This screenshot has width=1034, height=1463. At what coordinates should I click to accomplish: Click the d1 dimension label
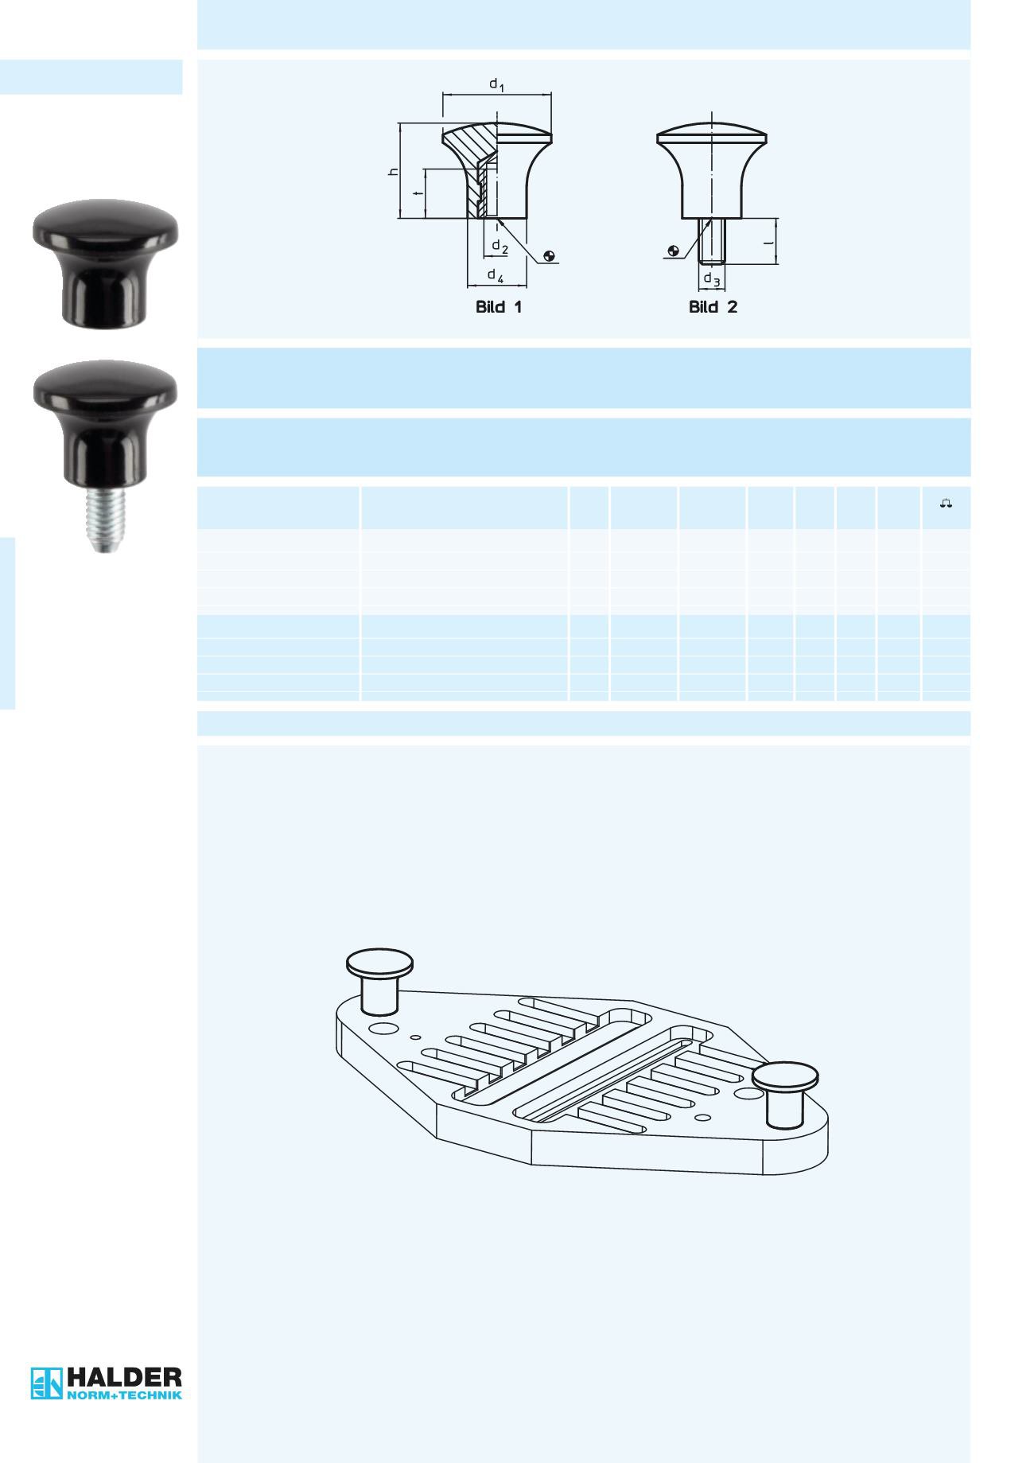pyautogui.click(x=496, y=84)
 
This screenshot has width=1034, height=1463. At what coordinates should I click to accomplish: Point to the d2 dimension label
pyautogui.click(x=500, y=247)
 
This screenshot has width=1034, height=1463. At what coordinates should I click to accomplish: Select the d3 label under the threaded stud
pyautogui.click(x=712, y=281)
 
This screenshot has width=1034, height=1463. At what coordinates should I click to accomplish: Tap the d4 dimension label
pyautogui.click(x=496, y=276)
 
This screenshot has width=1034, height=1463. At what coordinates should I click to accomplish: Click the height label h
pyautogui.click(x=392, y=173)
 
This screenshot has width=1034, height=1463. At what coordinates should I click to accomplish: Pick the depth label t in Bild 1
pyautogui.click(x=418, y=193)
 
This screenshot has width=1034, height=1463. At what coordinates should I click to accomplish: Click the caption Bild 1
pyautogui.click(x=499, y=307)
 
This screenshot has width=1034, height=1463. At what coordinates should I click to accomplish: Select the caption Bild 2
pyautogui.click(x=713, y=307)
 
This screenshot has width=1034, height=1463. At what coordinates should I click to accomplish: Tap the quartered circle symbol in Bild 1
pyautogui.click(x=548, y=256)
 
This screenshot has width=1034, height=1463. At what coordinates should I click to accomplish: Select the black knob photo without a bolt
pyautogui.click(x=105, y=263)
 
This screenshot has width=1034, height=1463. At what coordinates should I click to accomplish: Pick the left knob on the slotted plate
pyautogui.click(x=380, y=981)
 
